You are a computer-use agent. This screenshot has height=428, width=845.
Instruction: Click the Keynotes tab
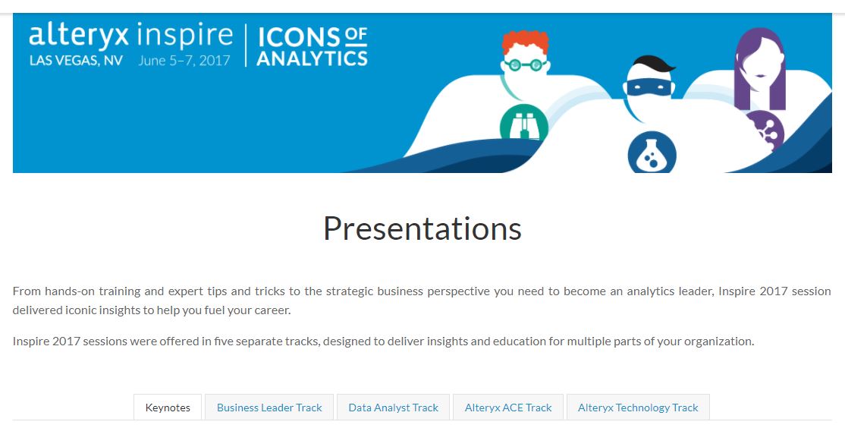click(168, 408)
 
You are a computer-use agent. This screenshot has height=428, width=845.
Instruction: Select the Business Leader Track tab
click(269, 408)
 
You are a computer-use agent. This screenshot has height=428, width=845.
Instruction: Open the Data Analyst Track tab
click(394, 408)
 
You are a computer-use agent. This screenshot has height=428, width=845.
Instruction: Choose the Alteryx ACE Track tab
click(508, 408)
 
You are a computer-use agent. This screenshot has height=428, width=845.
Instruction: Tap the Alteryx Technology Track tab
click(638, 408)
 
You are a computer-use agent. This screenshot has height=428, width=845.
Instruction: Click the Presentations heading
click(422, 228)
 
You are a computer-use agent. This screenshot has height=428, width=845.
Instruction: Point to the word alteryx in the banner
click(79, 36)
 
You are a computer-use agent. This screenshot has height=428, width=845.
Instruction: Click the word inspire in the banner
click(185, 36)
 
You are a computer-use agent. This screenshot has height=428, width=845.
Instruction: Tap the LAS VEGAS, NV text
click(76, 61)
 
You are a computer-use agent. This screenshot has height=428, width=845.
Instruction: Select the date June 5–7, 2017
click(184, 61)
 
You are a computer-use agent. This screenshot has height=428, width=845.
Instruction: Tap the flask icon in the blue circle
click(652, 153)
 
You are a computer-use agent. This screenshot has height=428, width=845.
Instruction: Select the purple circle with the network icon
click(766, 130)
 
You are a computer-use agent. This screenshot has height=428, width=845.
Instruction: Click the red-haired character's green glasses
click(525, 65)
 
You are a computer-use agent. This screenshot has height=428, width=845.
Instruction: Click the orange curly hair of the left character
click(526, 42)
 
